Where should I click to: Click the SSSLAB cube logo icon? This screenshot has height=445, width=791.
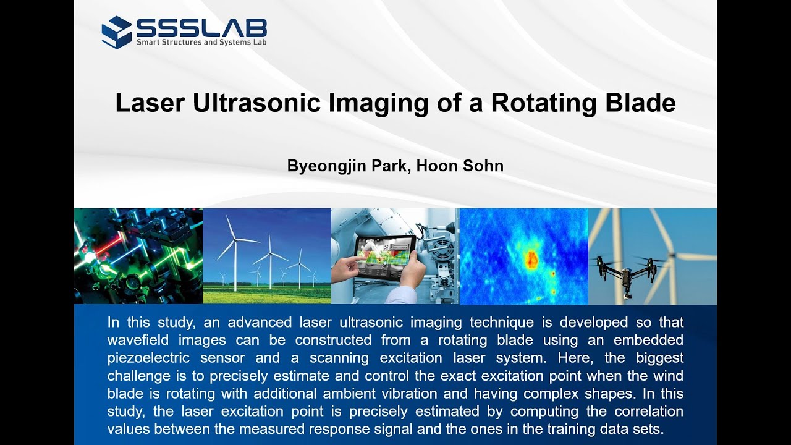(x=116, y=32)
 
